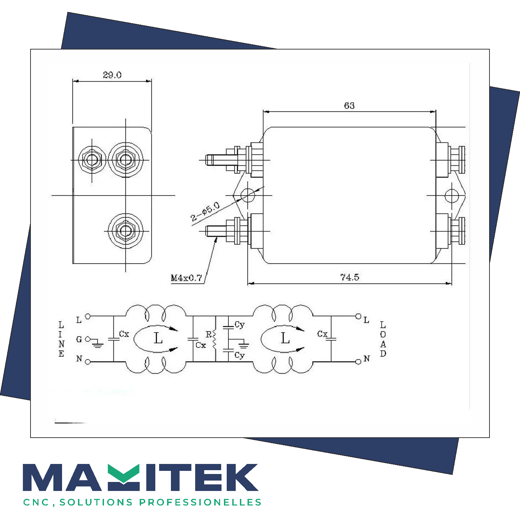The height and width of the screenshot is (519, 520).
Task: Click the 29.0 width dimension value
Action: pos(112,75)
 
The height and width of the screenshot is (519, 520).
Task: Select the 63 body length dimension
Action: pos(349,106)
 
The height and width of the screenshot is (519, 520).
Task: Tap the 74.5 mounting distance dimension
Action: pos(349,277)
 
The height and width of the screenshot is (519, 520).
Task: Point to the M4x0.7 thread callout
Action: pos(186,278)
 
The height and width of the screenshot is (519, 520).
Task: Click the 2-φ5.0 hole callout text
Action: pos(205,212)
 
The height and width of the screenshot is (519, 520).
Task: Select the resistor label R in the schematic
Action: pos(208,334)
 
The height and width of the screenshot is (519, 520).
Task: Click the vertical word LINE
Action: pos(61,339)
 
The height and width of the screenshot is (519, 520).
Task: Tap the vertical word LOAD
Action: pos(383,339)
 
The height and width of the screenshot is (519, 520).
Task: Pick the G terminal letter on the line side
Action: pos(79,339)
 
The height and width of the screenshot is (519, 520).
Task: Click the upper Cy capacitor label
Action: pos(240,325)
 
